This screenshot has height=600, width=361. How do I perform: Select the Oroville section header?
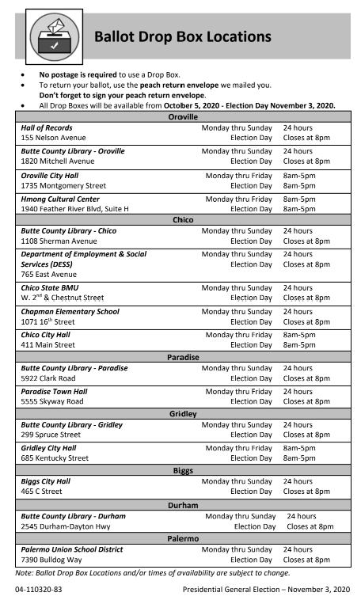click(183, 116)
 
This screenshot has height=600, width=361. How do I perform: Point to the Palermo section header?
click(183, 538)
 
